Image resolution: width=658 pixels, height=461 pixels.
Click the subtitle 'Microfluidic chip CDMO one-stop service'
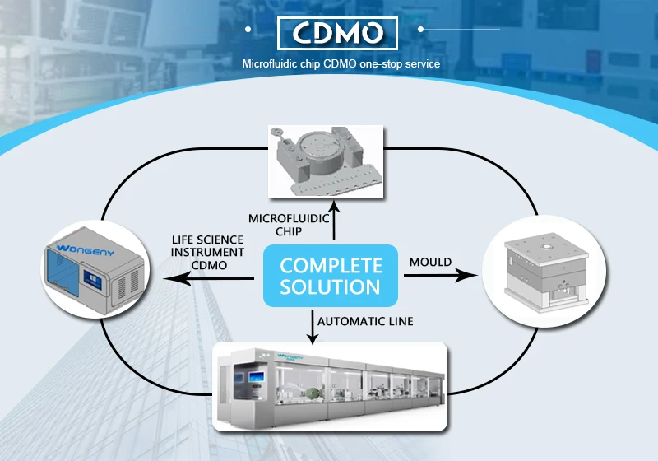click(329, 63)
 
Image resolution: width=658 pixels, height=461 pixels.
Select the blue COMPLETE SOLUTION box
click(331, 277)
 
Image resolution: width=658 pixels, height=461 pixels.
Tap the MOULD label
click(430, 262)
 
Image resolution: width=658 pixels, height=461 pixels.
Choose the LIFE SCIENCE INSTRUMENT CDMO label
click(207, 251)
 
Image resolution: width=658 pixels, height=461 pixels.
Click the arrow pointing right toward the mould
click(444, 277)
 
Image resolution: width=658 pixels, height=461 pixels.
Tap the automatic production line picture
click(329, 387)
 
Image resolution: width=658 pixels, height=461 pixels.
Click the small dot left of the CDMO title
click(247, 29)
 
